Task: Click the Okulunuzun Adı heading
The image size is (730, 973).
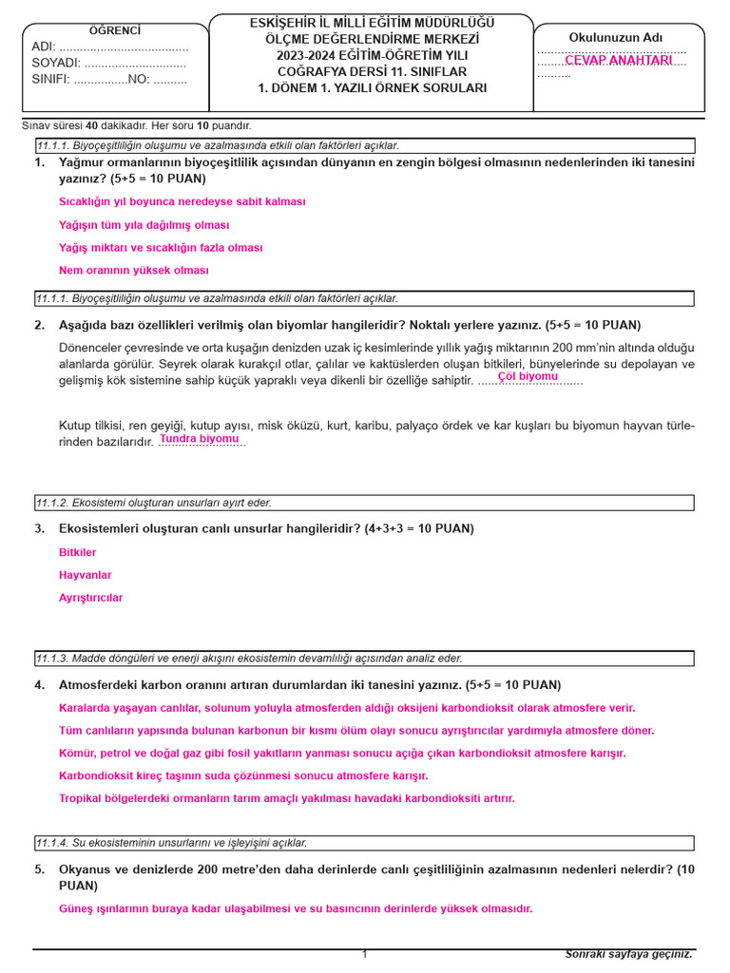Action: click(x=616, y=37)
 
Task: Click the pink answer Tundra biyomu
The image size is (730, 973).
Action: click(x=199, y=439)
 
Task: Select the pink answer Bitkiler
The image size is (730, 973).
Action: click(x=77, y=552)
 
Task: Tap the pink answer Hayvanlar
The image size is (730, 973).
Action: click(x=85, y=575)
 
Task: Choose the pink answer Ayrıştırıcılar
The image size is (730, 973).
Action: click(x=90, y=598)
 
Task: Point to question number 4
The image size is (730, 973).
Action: click(x=39, y=685)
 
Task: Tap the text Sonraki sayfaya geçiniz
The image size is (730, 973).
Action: click(x=628, y=953)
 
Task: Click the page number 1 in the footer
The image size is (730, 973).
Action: click(x=364, y=954)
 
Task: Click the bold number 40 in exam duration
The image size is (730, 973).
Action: click(x=91, y=125)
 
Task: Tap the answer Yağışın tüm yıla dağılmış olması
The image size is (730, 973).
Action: click(x=144, y=225)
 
